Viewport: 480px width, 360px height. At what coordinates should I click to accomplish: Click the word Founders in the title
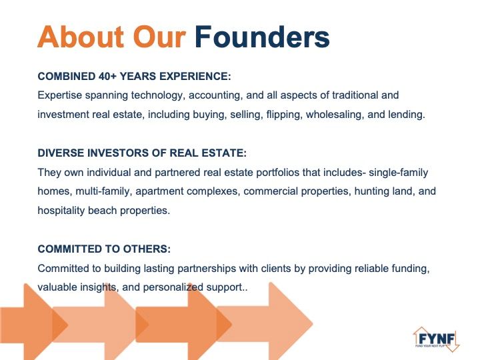point(262,37)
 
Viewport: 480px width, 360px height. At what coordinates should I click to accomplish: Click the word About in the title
point(81,37)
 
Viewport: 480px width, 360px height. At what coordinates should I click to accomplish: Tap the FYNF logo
point(437,339)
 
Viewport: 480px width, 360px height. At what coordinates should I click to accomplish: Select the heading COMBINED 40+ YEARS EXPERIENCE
point(134,76)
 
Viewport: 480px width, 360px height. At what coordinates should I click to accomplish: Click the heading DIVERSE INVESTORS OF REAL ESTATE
point(142,153)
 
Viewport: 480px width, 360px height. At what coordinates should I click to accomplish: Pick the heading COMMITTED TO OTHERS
point(104,249)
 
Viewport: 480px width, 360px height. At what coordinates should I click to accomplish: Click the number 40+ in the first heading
point(107,76)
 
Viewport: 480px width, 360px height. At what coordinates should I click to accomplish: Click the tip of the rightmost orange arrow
point(313,323)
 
